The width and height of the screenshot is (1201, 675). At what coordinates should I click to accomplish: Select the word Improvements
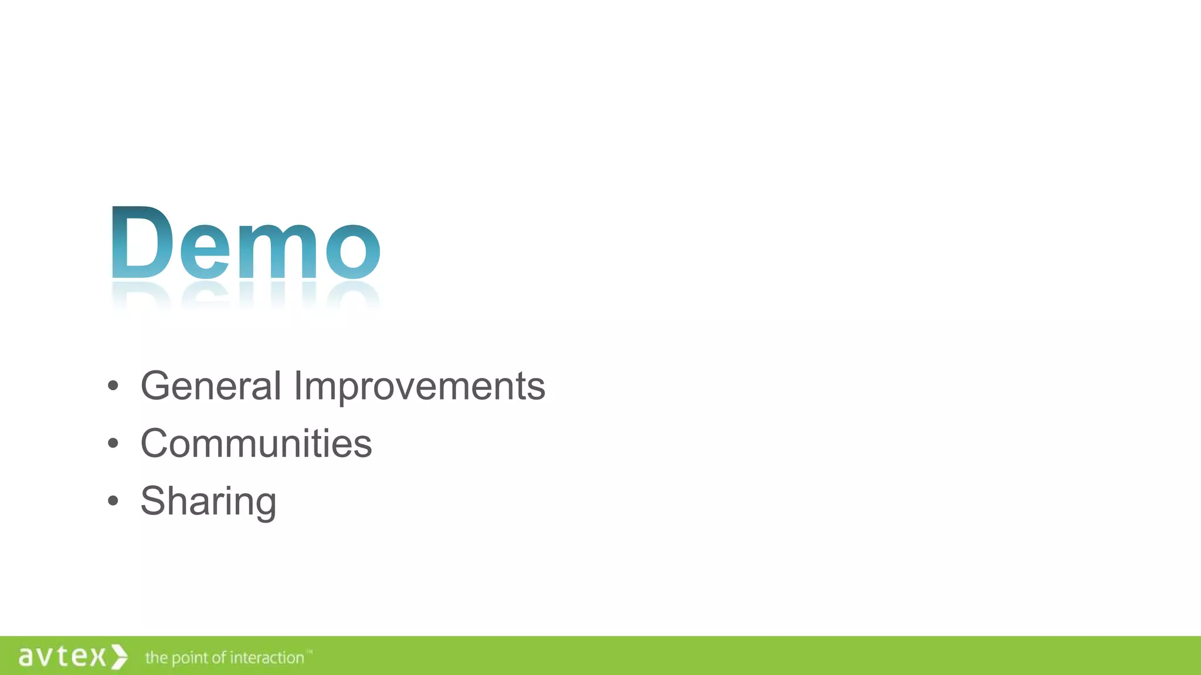pyautogui.click(x=419, y=387)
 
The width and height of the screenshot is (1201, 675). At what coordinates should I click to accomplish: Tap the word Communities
pyautogui.click(x=256, y=444)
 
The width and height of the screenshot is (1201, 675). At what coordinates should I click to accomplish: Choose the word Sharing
pyautogui.click(x=208, y=502)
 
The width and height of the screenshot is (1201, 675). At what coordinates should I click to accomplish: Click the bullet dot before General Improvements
pyautogui.click(x=113, y=386)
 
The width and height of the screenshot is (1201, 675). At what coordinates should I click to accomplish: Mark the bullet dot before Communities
pyautogui.click(x=113, y=444)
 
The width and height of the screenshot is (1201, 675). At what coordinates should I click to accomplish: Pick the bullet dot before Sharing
pyautogui.click(x=113, y=501)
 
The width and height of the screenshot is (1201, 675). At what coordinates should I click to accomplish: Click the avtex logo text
pyautogui.click(x=62, y=656)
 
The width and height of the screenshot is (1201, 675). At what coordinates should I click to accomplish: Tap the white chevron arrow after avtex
pyautogui.click(x=120, y=656)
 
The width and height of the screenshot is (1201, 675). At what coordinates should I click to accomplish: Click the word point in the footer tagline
pyautogui.click(x=189, y=659)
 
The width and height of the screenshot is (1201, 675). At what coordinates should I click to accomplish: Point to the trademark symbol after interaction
pyautogui.click(x=310, y=652)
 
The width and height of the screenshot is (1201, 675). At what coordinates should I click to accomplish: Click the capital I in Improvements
pyautogui.click(x=297, y=386)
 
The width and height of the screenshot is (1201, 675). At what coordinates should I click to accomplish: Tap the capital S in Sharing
pyautogui.click(x=154, y=502)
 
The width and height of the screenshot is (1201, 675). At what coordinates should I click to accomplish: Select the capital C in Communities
pyautogui.click(x=155, y=444)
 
